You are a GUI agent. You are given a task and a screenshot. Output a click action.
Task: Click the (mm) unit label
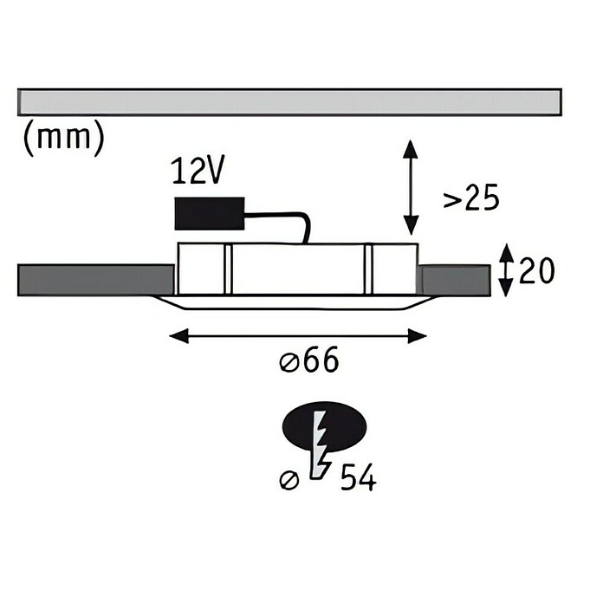[63, 138]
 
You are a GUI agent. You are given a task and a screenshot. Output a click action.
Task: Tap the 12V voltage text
[198, 171]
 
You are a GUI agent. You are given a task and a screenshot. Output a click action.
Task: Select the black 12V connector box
[210, 214]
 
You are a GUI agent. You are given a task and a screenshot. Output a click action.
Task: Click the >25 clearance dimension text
[471, 197]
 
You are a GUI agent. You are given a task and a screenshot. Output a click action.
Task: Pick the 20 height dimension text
[537, 270]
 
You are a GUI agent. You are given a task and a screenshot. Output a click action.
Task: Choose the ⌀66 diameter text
[309, 360]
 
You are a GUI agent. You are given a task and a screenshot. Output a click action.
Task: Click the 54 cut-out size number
[359, 477]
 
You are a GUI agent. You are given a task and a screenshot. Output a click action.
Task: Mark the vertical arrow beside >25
[411, 187]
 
